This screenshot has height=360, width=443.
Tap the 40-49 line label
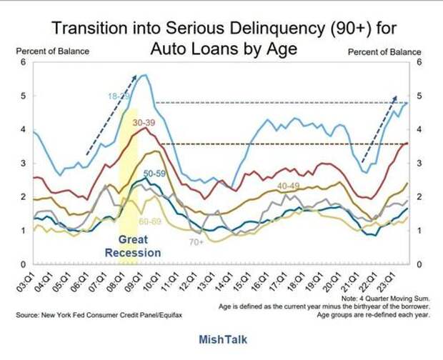tap(289, 186)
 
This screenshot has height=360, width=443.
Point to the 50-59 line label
tap(155, 174)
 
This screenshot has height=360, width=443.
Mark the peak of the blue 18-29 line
tap(145, 75)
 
